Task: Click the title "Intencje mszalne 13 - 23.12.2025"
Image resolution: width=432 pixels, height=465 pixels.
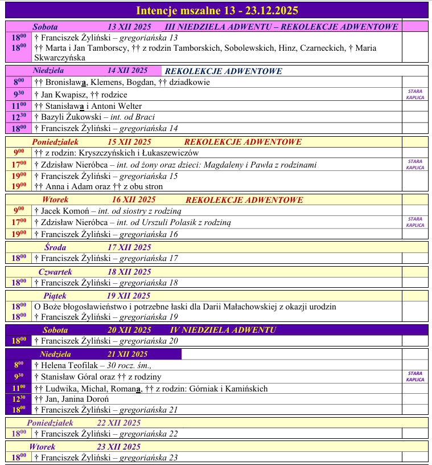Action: click(x=217, y=10)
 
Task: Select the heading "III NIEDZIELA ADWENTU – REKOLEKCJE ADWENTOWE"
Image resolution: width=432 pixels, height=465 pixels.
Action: click(x=281, y=27)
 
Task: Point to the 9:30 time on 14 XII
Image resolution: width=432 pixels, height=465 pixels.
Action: click(x=19, y=95)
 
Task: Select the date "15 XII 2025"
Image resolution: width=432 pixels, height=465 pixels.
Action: click(x=129, y=142)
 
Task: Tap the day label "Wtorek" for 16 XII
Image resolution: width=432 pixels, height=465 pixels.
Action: click(x=55, y=200)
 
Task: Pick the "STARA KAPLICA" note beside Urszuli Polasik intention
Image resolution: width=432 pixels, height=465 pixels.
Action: click(x=415, y=222)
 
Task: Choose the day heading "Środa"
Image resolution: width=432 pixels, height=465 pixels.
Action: click(x=55, y=247)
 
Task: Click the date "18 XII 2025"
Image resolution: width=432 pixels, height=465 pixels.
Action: click(x=129, y=272)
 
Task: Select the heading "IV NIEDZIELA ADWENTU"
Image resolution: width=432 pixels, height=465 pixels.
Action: click(x=223, y=330)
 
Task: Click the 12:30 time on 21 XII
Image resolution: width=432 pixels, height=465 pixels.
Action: click(x=19, y=399)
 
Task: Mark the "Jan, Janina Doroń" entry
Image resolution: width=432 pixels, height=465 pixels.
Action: click(x=64, y=399)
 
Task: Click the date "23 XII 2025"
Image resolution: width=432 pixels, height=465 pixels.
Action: click(x=118, y=447)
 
